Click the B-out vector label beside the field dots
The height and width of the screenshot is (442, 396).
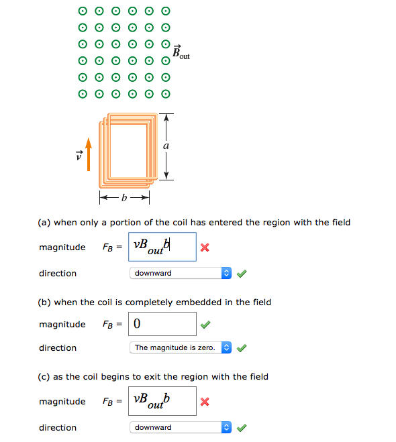pyautogui.click(x=181, y=52)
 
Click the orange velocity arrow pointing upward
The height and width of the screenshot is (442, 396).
pyautogui.click(x=88, y=154)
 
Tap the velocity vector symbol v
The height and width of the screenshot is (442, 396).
pyautogui.click(x=79, y=156)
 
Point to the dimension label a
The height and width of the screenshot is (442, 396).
pyautogui.click(x=166, y=146)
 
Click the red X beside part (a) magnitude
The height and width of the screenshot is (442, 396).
pyautogui.click(x=205, y=247)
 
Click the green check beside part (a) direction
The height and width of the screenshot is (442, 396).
pyautogui.click(x=242, y=273)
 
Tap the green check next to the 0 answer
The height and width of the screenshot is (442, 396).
pyautogui.click(x=205, y=325)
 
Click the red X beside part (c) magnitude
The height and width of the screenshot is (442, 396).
pyautogui.click(x=205, y=402)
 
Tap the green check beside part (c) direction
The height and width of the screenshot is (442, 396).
pyautogui.click(x=242, y=427)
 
